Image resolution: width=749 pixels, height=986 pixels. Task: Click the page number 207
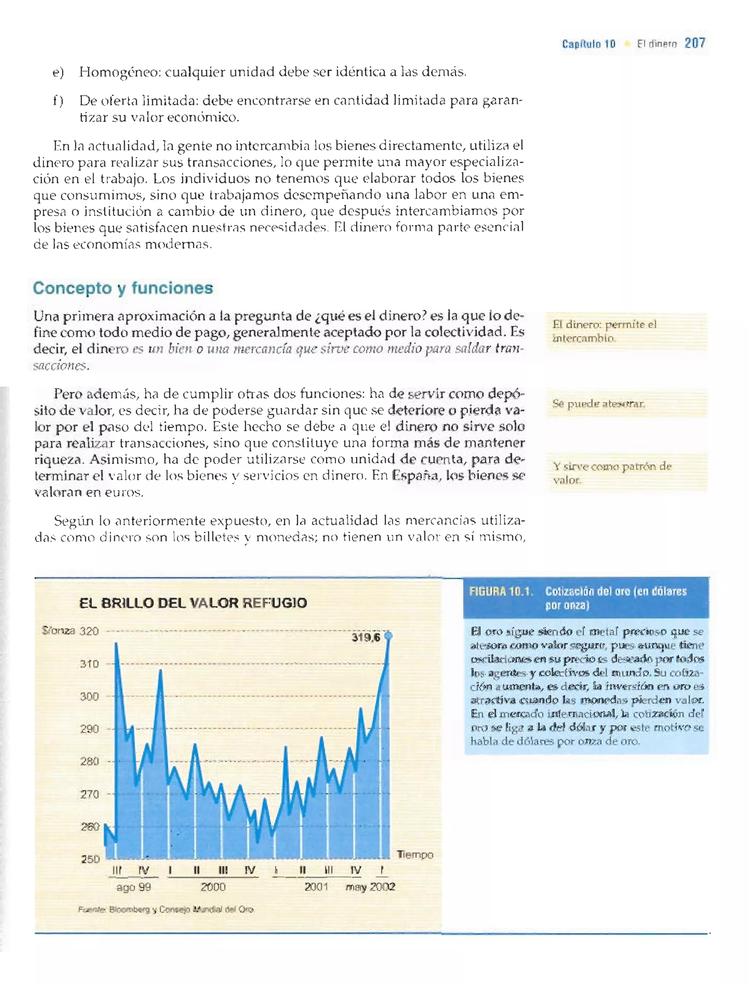695,43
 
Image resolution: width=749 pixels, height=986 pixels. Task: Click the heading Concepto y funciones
123,288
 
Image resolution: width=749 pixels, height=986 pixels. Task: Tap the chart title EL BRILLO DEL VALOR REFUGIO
193,603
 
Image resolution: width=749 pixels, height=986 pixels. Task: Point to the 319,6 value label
366,637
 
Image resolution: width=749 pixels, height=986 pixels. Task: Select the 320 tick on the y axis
89,631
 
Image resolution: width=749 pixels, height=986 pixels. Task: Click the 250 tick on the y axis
90,859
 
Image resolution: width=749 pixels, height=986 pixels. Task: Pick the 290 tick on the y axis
89,729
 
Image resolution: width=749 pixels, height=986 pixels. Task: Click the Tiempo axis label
415,854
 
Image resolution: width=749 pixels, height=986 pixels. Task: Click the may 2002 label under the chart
370,886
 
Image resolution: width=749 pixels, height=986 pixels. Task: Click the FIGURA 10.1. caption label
501,591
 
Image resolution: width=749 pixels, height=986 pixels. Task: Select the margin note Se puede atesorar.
598,404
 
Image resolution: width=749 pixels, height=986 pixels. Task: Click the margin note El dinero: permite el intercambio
604,331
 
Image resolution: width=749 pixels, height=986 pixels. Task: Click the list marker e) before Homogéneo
58,72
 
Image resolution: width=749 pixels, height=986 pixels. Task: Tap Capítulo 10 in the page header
588,44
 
